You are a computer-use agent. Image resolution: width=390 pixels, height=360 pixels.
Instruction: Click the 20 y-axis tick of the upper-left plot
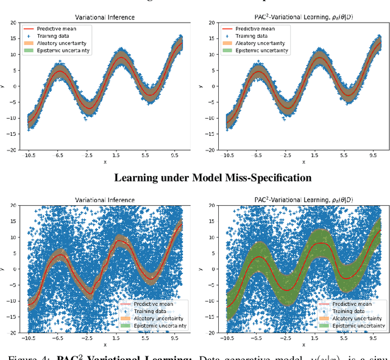click(14, 23)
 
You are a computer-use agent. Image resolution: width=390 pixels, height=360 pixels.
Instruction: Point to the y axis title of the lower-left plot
click(4, 269)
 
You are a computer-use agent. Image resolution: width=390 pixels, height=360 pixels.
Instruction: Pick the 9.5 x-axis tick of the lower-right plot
click(378, 337)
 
